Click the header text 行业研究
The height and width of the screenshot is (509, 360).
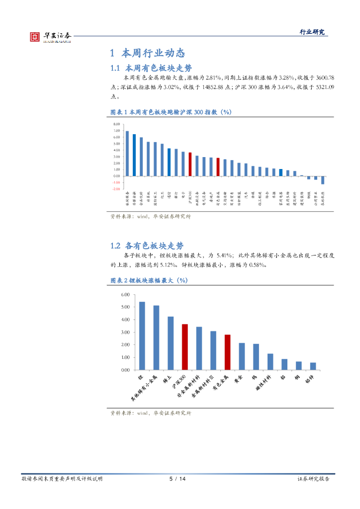312,32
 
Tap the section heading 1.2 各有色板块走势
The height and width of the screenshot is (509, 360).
147,246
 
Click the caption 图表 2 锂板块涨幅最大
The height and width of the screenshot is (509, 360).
148,281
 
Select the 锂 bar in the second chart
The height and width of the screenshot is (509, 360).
142,336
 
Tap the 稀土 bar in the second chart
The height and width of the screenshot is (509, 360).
171,343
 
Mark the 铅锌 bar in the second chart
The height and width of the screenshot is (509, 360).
313,366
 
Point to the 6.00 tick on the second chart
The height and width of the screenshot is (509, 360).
125,295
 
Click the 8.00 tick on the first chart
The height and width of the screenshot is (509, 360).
117,124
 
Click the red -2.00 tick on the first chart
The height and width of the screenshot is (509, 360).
116,189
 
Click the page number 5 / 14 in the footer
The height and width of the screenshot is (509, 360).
178,479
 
